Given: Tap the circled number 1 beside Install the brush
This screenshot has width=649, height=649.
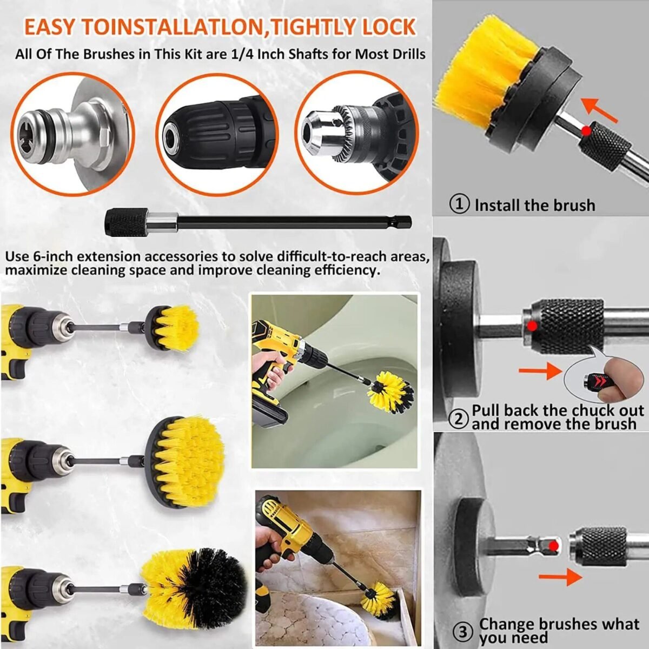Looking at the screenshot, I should tap(460, 205).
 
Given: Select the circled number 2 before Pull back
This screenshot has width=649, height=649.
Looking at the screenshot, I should tap(460, 418).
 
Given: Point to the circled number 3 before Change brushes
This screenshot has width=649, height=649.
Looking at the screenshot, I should tap(461, 631).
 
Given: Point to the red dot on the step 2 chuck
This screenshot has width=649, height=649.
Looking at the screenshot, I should tap(532, 326).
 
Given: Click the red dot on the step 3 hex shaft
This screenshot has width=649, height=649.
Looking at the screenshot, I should tap(553, 546).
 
